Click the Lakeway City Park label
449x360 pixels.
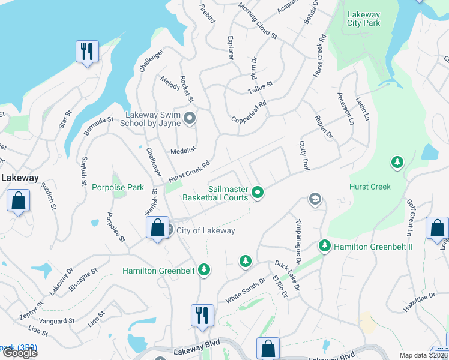[x=363, y=19]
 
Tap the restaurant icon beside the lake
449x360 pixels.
[x=87, y=52]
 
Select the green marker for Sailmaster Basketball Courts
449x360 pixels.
[x=258, y=193]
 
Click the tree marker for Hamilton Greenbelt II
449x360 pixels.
[x=325, y=246]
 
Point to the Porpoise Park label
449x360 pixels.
[x=118, y=187]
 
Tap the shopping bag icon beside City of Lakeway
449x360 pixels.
[x=157, y=228]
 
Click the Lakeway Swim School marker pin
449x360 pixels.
[x=190, y=118]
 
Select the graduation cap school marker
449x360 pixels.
[x=314, y=199]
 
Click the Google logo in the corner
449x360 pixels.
[x=19, y=353]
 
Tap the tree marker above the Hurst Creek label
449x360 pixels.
[x=396, y=163]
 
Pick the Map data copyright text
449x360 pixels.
[x=423, y=355]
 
